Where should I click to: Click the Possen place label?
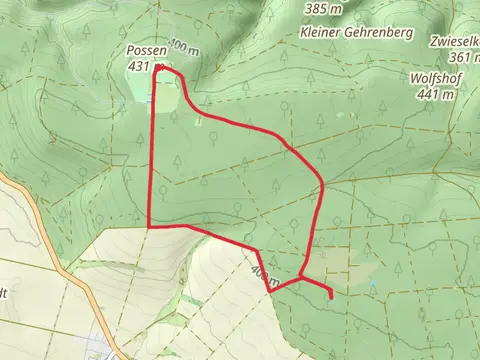(145, 50)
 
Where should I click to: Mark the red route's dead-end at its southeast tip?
(331, 296)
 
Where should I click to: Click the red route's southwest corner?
(150, 227)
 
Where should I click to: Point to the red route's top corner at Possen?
(158, 66)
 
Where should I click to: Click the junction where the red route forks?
(300, 276)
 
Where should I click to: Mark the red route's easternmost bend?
(323, 186)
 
